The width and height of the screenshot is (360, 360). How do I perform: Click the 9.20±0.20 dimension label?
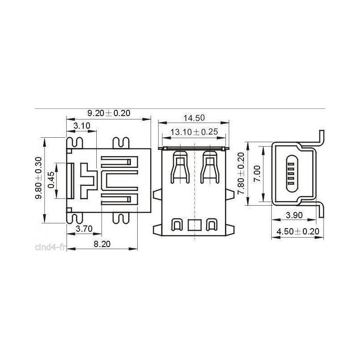[109, 113]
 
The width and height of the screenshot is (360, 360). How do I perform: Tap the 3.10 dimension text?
[82, 126]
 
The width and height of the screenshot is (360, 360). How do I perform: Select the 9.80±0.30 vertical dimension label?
[39, 178]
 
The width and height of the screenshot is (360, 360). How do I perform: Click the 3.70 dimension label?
[84, 229]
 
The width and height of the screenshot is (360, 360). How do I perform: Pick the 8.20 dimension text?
[102, 244]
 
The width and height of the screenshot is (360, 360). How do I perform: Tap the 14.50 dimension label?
[194, 118]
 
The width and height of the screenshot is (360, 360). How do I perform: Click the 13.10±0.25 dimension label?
[194, 132]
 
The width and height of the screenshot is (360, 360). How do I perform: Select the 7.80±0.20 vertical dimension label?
[241, 173]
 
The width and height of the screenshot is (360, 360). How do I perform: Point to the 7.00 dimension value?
[257, 174]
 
